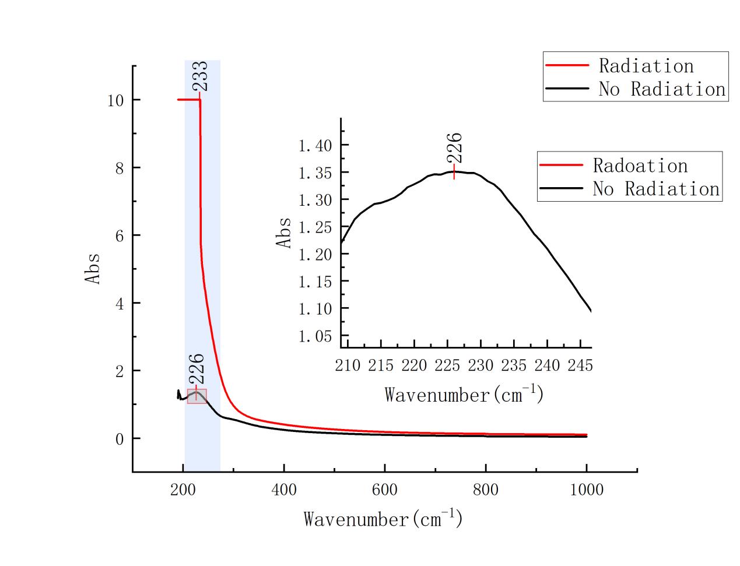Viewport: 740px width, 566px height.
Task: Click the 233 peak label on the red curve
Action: tap(200, 76)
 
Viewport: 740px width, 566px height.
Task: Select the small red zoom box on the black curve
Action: tap(197, 396)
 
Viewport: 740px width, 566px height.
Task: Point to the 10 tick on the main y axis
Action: tap(115, 100)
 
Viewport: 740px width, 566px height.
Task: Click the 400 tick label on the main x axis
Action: tap(284, 490)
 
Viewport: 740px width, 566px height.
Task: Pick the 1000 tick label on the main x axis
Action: tap(586, 490)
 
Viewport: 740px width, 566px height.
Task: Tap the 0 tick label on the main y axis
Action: tap(120, 439)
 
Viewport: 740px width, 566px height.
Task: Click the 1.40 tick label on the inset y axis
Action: tap(315, 145)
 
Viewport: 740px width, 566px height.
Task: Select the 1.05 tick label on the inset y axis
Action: tap(315, 336)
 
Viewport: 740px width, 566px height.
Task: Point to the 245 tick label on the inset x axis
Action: tap(581, 366)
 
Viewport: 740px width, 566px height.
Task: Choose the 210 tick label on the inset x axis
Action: tap(348, 366)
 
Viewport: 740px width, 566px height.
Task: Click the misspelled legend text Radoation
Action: tap(640, 166)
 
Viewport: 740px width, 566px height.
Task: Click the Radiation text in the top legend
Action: tap(646, 66)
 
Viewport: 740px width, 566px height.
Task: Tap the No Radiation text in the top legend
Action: tap(662, 89)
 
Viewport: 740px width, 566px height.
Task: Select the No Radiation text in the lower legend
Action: tap(656, 189)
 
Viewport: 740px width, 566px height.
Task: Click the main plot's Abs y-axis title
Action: tap(93, 269)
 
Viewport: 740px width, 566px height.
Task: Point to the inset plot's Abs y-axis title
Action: tap(284, 233)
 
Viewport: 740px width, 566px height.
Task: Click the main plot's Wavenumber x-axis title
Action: tap(383, 519)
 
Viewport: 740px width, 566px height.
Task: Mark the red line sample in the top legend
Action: tap(567, 66)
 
